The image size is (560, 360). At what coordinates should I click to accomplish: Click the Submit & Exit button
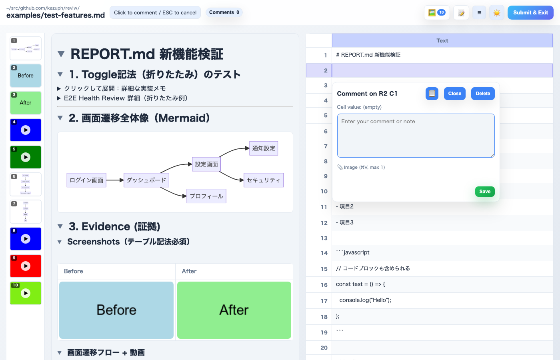530,13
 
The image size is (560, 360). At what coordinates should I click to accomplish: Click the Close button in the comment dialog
454,94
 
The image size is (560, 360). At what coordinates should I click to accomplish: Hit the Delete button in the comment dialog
483,94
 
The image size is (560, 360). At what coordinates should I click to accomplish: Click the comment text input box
416,136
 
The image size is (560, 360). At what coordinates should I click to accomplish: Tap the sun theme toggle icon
497,13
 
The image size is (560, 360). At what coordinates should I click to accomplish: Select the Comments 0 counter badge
224,12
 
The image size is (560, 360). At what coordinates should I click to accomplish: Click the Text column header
442,41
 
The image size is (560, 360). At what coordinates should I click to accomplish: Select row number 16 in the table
324,285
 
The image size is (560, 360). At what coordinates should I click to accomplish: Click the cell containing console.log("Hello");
442,300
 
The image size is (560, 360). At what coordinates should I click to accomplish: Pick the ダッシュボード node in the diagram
146,180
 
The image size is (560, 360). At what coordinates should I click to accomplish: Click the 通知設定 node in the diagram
264,148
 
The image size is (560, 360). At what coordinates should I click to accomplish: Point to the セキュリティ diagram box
263,180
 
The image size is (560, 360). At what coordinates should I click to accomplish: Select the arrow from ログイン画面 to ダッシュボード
115,180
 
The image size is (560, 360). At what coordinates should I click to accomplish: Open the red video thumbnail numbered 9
26,266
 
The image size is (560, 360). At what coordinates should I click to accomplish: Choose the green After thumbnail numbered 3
26,103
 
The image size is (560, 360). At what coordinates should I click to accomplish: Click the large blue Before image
116,310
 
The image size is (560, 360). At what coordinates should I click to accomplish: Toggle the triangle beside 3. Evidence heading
60,226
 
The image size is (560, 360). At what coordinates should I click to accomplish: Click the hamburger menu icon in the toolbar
479,13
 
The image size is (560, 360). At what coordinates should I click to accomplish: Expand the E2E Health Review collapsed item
59,98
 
